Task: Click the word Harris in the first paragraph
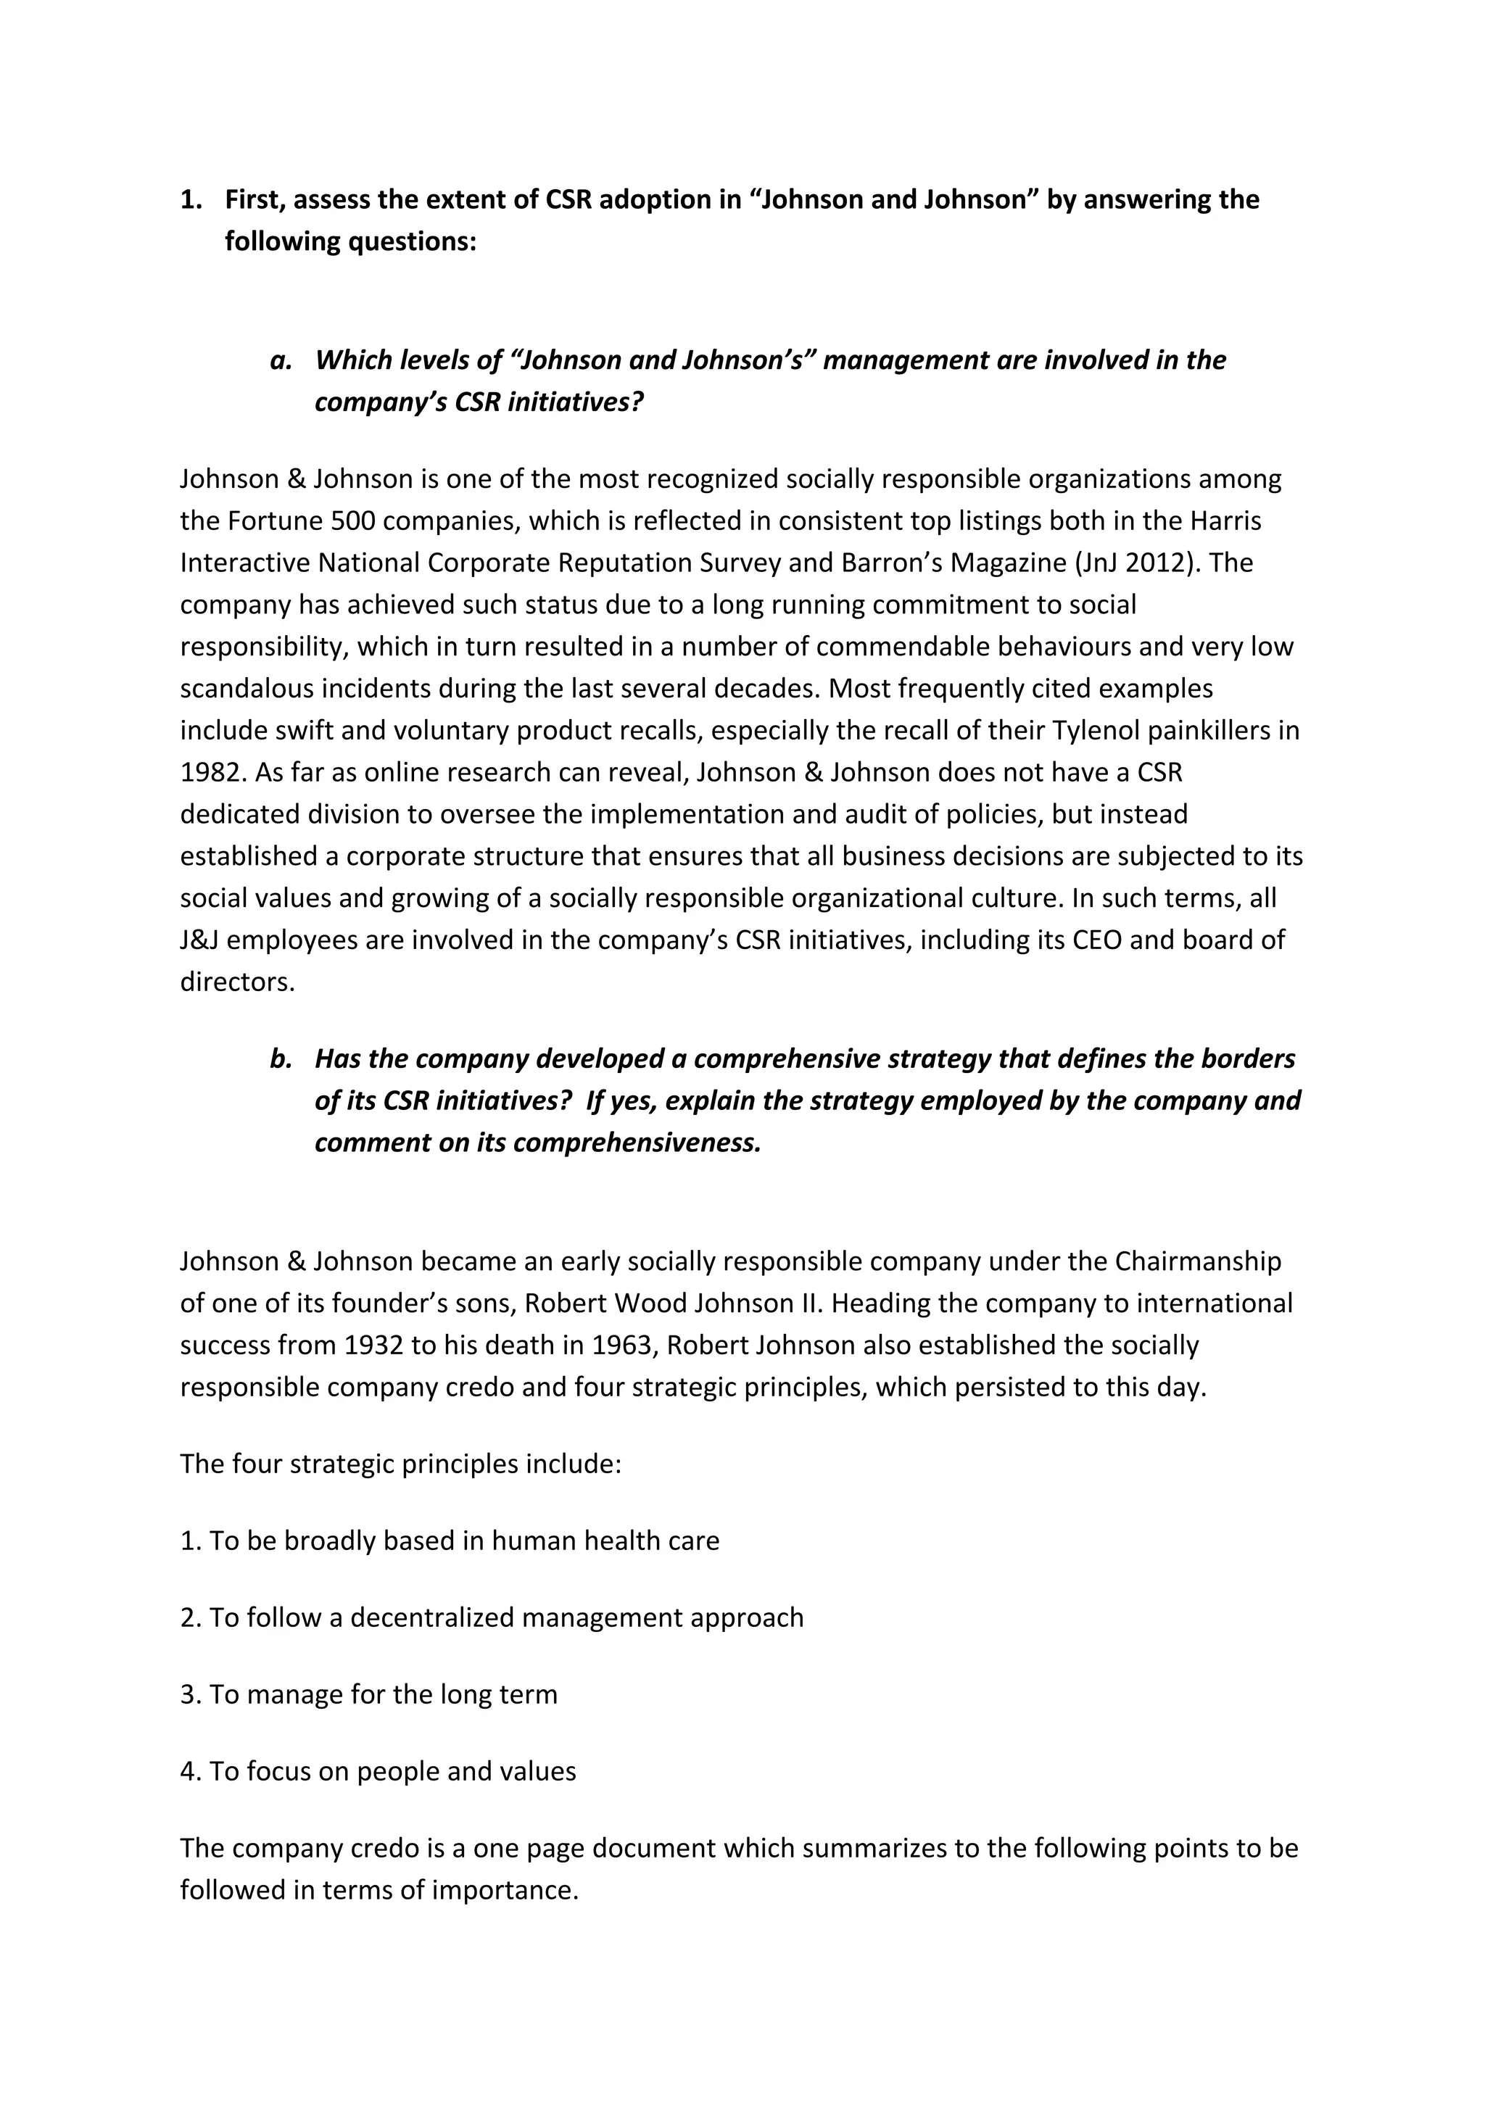point(1225,521)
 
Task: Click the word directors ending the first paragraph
point(237,982)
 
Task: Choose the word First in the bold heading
point(255,199)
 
